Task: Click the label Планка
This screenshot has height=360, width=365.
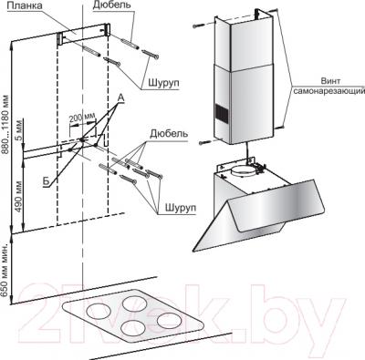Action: point(25,6)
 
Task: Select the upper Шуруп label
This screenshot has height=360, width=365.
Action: point(163,83)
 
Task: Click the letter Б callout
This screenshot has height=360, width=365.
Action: point(46,181)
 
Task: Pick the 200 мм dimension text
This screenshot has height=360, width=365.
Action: point(82,118)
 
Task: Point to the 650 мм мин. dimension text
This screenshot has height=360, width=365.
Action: point(5,270)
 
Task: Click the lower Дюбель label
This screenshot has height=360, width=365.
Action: point(169,134)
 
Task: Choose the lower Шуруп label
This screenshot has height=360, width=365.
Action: point(181,208)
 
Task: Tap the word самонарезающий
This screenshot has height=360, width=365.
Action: point(328,91)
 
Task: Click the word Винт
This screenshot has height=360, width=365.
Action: point(330,81)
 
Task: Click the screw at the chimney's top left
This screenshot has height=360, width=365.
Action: point(196,26)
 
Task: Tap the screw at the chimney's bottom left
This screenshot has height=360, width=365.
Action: point(204,142)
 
